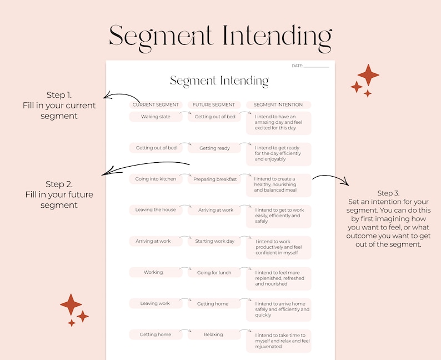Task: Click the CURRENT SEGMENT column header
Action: (156, 104)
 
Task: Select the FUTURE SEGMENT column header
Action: (214, 104)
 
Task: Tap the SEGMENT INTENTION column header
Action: (278, 104)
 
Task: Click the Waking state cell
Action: (156, 117)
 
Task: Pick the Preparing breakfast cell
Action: (214, 179)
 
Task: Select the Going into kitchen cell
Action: (156, 179)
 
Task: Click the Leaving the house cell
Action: (156, 210)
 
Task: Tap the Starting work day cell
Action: (214, 241)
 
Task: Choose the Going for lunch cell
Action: (214, 273)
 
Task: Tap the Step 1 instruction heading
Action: (59, 95)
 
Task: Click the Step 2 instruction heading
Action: (59, 184)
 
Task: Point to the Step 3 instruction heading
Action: (388, 193)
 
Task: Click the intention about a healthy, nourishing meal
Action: (279, 185)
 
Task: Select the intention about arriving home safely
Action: (279, 309)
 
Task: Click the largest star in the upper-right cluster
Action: (368, 75)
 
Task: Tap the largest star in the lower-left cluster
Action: (71, 304)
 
